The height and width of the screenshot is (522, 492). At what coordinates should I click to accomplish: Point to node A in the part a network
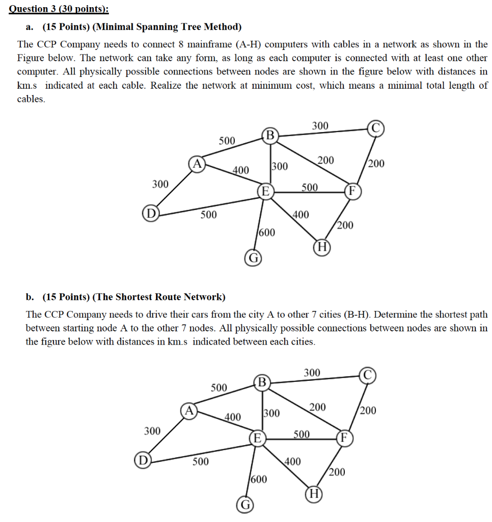pos(197,163)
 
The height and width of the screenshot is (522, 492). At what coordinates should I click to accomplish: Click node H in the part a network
pos(322,248)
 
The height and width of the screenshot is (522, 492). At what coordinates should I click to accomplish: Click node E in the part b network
pos(257,438)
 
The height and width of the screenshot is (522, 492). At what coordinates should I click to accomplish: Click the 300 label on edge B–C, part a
pos(320,125)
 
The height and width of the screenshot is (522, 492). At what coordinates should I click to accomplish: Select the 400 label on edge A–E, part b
pos(233,417)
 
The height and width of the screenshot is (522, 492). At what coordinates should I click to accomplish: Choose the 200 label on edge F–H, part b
pos(337,472)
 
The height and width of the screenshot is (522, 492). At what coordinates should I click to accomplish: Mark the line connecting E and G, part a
pos(258,224)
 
